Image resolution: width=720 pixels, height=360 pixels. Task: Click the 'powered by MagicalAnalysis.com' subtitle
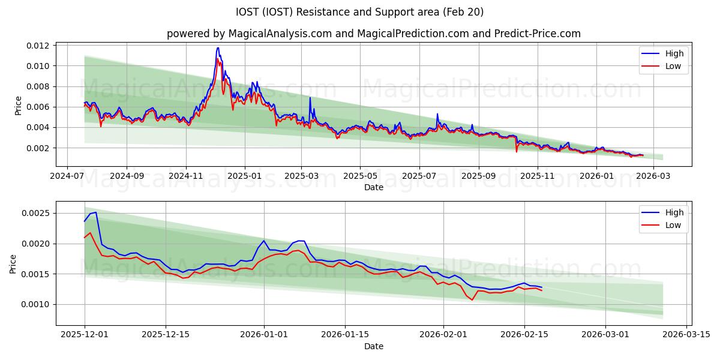pos(373,34)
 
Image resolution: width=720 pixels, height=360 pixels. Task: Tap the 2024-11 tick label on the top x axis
pos(186,176)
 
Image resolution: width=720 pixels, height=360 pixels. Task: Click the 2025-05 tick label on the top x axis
pos(360,176)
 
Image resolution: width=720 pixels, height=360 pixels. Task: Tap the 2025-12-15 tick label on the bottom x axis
pos(166,335)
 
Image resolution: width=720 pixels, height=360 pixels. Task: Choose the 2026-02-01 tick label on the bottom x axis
pos(443,335)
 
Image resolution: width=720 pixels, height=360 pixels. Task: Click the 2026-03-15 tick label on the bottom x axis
pos(685,335)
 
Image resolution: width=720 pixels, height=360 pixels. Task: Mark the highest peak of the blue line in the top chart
pos(218,48)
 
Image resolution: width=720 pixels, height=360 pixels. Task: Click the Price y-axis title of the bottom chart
pos(13,264)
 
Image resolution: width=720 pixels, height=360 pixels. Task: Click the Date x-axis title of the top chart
pos(373,187)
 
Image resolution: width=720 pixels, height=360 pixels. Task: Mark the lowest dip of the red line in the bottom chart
pos(472,300)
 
